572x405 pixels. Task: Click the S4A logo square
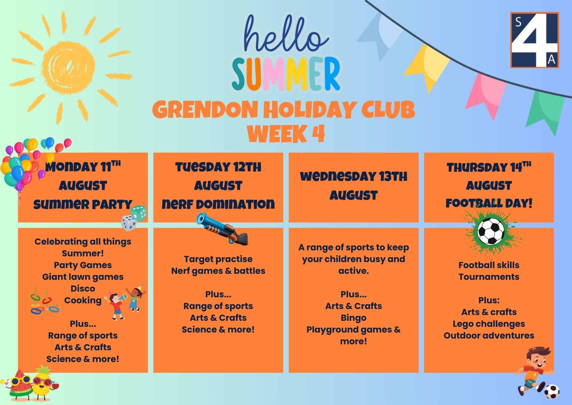535,40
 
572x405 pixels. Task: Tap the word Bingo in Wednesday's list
353,318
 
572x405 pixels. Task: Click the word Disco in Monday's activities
83,288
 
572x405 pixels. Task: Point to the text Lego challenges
489,324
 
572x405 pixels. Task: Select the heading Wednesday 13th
353,177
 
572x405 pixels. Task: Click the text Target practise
218,259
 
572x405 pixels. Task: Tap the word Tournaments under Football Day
489,277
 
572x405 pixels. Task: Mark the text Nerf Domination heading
218,204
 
